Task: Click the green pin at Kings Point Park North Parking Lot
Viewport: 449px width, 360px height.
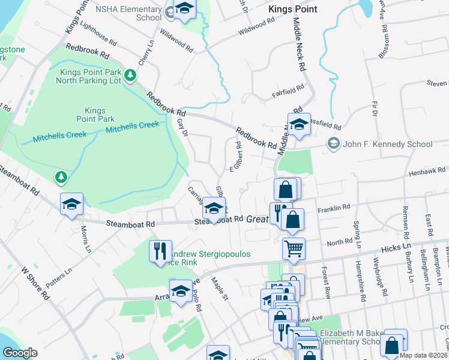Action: click(x=130, y=76)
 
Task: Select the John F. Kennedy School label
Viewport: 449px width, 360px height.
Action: click(x=387, y=144)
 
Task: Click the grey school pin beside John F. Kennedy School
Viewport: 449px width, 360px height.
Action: click(x=333, y=144)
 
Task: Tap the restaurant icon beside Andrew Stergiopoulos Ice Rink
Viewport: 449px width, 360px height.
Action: click(x=160, y=251)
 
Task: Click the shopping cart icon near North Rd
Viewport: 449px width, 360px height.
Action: click(x=294, y=248)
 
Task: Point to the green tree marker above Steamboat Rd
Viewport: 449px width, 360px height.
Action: click(x=61, y=177)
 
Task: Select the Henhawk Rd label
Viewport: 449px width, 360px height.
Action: click(x=424, y=172)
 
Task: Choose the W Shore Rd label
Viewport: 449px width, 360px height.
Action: click(x=35, y=284)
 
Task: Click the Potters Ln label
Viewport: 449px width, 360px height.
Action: click(x=60, y=275)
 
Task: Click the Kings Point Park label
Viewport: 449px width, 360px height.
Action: click(x=95, y=115)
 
